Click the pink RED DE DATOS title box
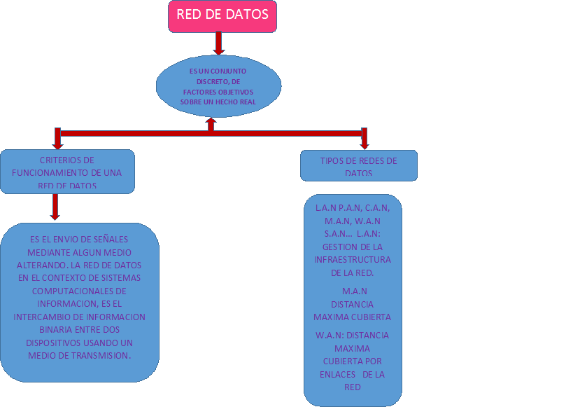(x=222, y=15)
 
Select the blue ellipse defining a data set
(x=218, y=85)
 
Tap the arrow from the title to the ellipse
(x=218, y=43)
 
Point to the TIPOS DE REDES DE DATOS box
(x=358, y=166)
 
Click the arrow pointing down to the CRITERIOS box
(x=57, y=138)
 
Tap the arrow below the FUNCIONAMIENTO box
(x=55, y=207)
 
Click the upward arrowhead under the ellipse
(x=211, y=121)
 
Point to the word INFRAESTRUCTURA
(x=353, y=260)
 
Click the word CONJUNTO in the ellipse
(x=229, y=71)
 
